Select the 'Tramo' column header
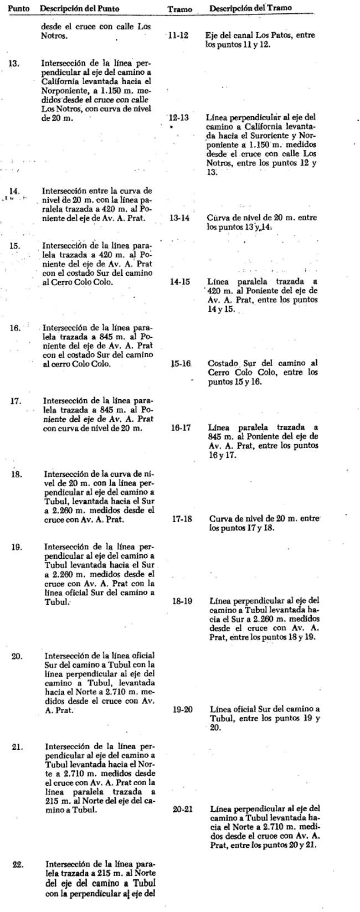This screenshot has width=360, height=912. coord(179,11)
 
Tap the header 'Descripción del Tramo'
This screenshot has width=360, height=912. coord(251,9)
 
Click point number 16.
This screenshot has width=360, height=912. coord(15,327)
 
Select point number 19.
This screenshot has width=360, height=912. coord(17,547)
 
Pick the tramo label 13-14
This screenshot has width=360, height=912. coord(179,218)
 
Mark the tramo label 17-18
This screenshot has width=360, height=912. coord(182,519)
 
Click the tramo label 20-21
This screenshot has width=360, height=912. coord(183,809)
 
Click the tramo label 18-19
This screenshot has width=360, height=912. coord(182,601)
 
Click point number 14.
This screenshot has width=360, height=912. coord(15,193)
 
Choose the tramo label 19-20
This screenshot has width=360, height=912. coord(182,709)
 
